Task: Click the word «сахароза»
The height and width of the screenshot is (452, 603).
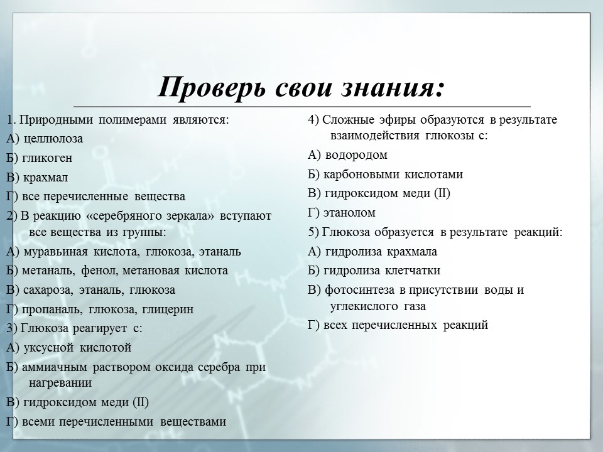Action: tap(47, 290)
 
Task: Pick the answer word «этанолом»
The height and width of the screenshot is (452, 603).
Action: tap(351, 212)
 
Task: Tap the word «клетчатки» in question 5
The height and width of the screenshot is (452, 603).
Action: tap(412, 271)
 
